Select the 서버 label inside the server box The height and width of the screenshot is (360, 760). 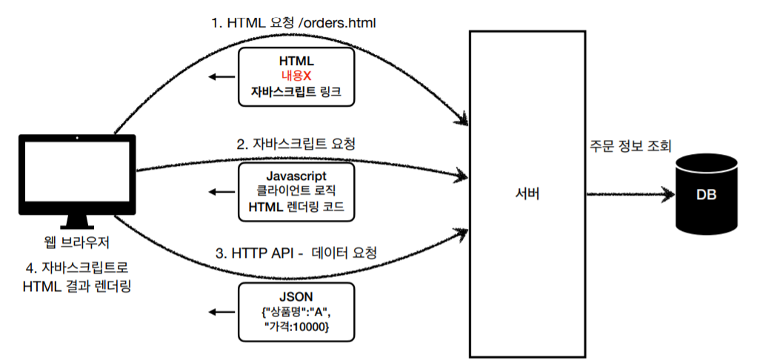coord(527,195)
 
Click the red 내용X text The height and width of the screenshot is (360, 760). coord(297,76)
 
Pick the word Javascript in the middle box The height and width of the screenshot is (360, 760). coord(296,175)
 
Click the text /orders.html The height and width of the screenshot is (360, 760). coord(339,23)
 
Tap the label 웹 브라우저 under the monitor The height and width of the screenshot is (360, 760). coord(77,242)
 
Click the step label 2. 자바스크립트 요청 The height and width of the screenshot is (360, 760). coord(296,144)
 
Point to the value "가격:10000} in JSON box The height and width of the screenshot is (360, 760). coord(296,326)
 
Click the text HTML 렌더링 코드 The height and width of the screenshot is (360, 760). coord(296,207)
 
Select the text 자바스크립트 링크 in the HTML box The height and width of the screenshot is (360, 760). coord(296,93)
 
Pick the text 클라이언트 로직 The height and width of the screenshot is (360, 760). coord(296,190)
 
